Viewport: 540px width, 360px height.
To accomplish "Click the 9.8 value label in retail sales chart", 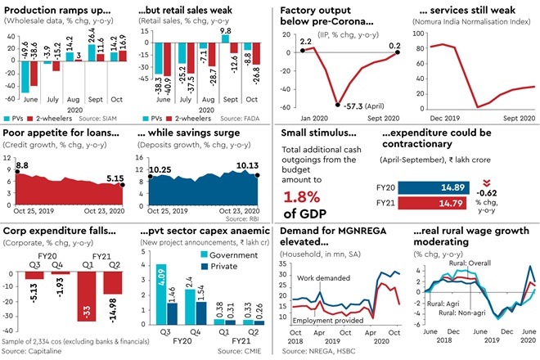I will (226, 29).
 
